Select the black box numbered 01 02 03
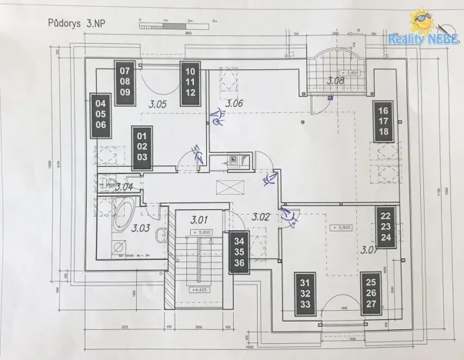coord(142,145)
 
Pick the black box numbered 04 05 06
coord(99,115)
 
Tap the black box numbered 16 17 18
coord(384,121)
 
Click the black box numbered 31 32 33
coord(305,293)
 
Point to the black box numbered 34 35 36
coord(239,252)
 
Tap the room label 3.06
coord(234,103)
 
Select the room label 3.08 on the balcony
coord(335,80)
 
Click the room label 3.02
coord(261,218)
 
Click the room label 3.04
coord(125,186)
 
